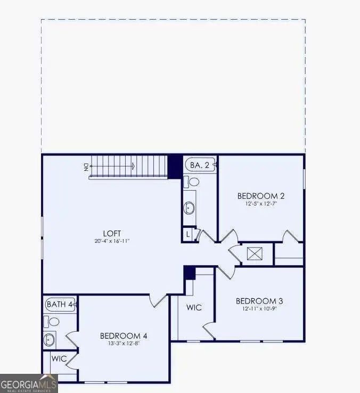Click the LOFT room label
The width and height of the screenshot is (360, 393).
tap(112, 233)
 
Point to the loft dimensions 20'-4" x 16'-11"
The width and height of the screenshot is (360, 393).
tap(112, 241)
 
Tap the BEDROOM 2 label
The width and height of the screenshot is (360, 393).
tap(261, 195)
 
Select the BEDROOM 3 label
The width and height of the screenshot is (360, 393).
tap(259, 301)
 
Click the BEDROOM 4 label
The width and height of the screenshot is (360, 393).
tap(124, 335)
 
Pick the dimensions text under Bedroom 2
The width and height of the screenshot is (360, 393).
tap(261, 203)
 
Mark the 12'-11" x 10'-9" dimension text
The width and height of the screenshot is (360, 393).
tap(259, 309)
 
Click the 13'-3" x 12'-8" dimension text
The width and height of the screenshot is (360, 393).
tap(124, 343)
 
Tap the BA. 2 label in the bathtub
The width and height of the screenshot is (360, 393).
tap(200, 166)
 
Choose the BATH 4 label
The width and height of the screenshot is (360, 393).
tap(60, 305)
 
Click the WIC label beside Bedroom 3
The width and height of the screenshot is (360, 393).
tap(194, 308)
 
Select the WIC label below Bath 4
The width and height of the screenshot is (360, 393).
tap(59, 358)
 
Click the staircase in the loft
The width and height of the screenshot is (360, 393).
tap(130, 166)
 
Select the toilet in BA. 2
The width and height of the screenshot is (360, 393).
tap(192, 182)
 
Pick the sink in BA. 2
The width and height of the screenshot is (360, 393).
tap(190, 207)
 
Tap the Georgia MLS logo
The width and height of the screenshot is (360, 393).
tap(29, 383)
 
